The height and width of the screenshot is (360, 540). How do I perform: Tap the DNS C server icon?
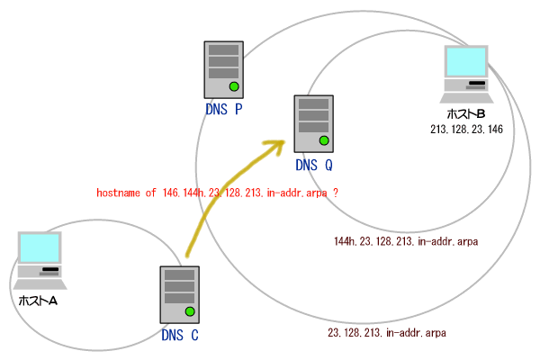click(178, 295)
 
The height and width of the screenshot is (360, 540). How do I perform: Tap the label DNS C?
click(179, 336)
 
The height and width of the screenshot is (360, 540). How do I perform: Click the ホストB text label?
click(466, 114)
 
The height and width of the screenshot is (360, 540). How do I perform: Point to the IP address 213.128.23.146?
click(466, 130)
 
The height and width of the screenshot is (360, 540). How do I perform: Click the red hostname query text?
click(222, 193)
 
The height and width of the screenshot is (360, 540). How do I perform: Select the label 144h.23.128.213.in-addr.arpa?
click(405, 241)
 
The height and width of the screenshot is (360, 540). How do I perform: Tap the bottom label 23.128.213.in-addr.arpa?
click(387, 333)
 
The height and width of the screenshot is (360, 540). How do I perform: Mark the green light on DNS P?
click(234, 86)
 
